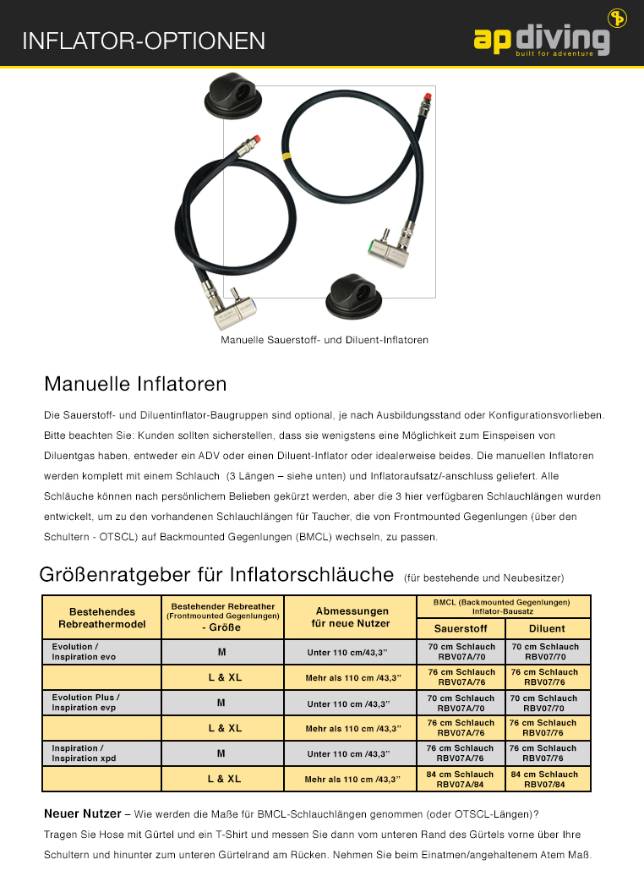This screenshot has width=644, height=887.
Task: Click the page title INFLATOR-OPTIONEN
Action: click(x=144, y=41)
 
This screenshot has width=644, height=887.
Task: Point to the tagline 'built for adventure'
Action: click(x=561, y=54)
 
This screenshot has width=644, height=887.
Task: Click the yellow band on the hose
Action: click(x=287, y=156)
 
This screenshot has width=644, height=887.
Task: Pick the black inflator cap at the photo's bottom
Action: click(x=355, y=295)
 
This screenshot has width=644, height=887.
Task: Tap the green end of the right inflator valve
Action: click(x=372, y=248)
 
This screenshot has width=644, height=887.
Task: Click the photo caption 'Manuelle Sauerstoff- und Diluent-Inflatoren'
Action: click(x=325, y=340)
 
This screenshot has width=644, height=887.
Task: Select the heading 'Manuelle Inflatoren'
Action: click(x=135, y=385)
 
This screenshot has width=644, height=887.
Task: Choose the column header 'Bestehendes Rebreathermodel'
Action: click(x=101, y=616)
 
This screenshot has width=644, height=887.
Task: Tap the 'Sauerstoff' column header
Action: click(x=461, y=628)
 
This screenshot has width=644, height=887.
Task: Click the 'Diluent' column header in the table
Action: click(x=547, y=628)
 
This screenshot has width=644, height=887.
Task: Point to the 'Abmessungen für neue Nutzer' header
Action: click(x=352, y=616)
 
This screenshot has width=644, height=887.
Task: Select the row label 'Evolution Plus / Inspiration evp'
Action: click(x=86, y=703)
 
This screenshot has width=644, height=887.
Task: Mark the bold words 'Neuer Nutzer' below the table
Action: click(x=82, y=814)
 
